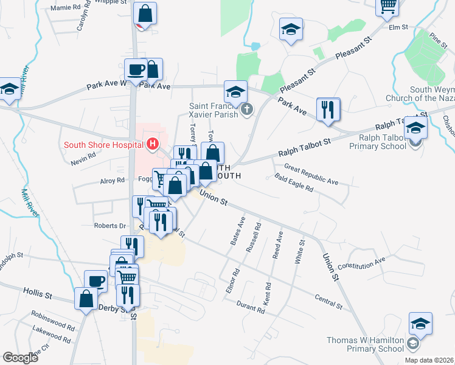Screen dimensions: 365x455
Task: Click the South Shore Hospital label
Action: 103,145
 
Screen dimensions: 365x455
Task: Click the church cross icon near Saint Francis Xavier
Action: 247,110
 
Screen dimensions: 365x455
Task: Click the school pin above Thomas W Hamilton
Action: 420,324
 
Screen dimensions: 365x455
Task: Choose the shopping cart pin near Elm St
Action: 388,7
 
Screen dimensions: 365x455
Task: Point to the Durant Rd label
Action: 251,306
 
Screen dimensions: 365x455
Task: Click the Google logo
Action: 20,357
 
